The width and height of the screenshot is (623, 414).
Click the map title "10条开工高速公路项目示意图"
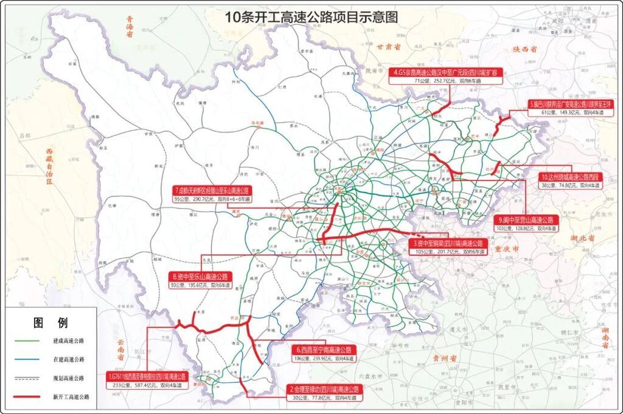coord(311,18)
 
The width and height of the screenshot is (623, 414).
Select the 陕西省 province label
coord(524,49)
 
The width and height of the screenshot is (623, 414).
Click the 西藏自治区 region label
coord(49,164)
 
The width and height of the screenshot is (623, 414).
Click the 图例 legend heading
coord(50,322)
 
